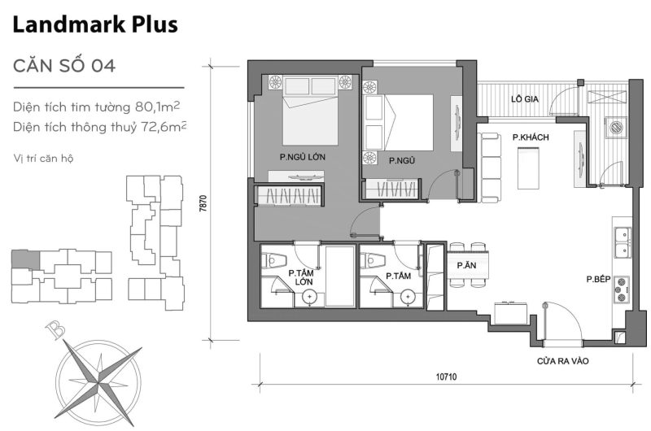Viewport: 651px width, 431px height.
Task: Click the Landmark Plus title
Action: pos(95,26)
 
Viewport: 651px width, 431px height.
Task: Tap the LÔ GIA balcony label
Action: pos(526,99)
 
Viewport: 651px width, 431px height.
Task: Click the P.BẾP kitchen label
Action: pos(598,279)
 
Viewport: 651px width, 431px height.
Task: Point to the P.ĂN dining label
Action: pos(466,266)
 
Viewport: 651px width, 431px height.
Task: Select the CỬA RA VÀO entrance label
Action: pos(562,361)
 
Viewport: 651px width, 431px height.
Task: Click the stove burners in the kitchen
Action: pos(623,287)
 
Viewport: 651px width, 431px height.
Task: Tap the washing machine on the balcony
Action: pos(616,128)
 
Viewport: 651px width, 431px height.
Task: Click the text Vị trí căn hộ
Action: pos(43,157)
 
